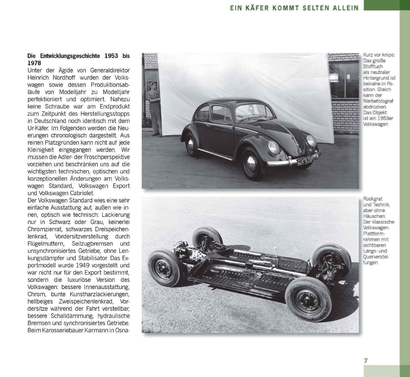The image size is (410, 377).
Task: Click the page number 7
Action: (366, 361)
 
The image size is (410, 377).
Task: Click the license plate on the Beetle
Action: (305, 161)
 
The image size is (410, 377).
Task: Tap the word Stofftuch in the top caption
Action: (373, 66)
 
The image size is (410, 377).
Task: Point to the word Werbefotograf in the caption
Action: (378, 101)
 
